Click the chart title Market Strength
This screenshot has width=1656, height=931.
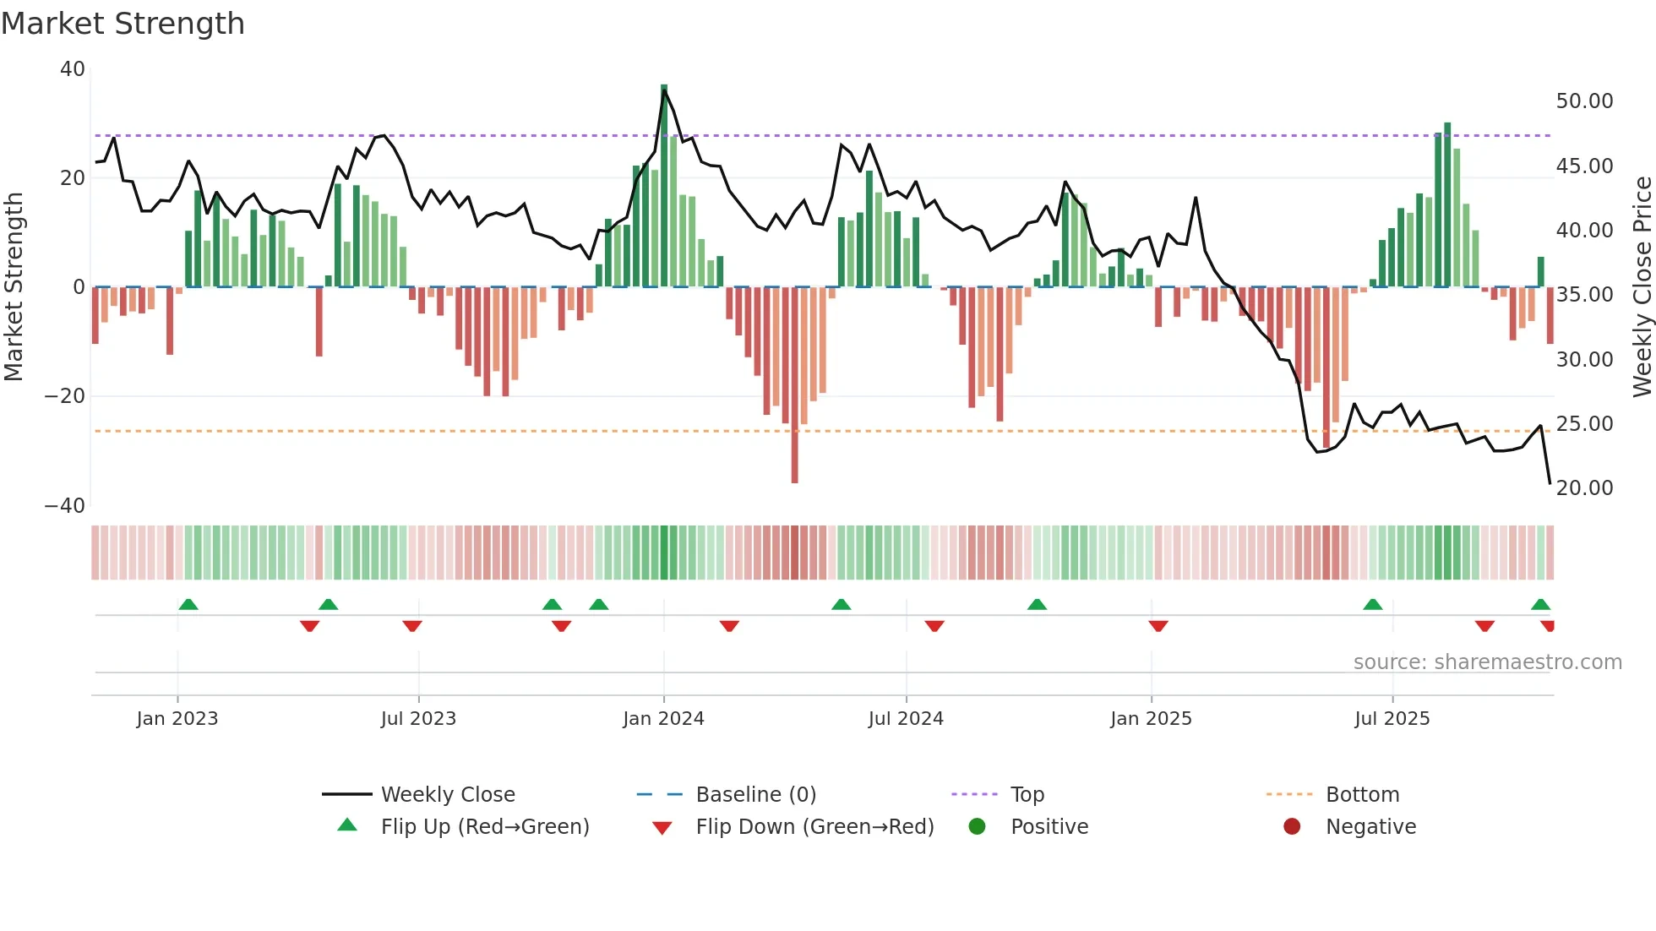[123, 24]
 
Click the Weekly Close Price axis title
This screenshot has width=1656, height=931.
[1642, 286]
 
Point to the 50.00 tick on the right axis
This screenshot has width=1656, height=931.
[1584, 101]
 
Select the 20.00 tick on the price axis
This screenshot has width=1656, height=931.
[1584, 488]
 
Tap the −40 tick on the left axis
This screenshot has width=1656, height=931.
[64, 506]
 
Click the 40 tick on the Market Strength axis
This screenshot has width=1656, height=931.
[72, 69]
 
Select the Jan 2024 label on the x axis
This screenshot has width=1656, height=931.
[663, 719]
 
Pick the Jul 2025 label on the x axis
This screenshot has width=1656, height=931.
[1392, 719]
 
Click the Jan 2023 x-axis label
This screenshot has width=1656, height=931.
[177, 719]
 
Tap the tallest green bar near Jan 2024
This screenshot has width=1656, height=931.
[664, 186]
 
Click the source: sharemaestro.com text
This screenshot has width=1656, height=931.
[1487, 662]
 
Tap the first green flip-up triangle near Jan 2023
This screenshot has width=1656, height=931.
[188, 604]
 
